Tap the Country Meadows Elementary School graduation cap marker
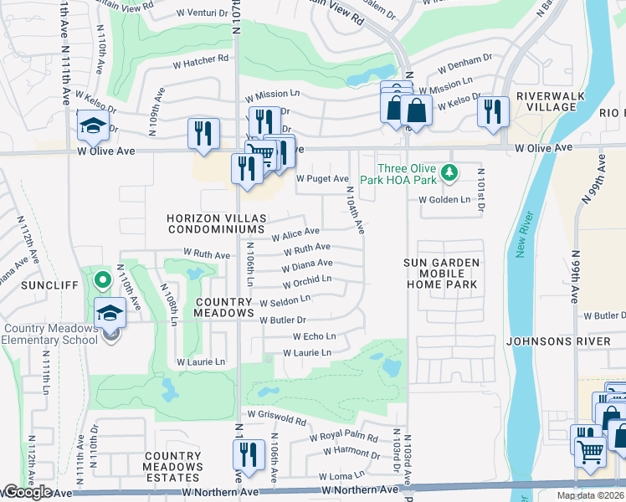pyautogui.click(x=110, y=313)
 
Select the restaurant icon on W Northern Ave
pyautogui.click(x=249, y=454)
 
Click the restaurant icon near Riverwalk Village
pyautogui.click(x=494, y=110)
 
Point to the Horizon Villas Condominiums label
pyautogui.click(x=217, y=223)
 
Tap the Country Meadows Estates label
pyautogui.click(x=172, y=462)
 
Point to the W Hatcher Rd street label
pyautogui.click(x=201, y=60)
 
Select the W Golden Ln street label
pyautogui.click(x=444, y=200)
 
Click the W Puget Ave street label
pyautogui.click(x=322, y=179)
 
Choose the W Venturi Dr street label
pyautogui.click(x=203, y=14)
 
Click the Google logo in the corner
pyautogui.click(x=27, y=492)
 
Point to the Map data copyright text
pyautogui.click(x=590, y=495)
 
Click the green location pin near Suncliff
pyautogui.click(x=101, y=279)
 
